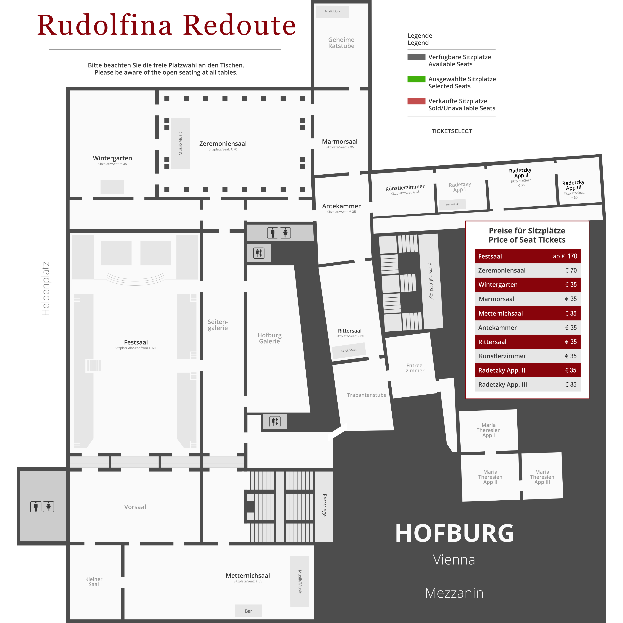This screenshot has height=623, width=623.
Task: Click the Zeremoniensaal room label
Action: pos(223,144)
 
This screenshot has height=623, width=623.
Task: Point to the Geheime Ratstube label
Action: pos(341,43)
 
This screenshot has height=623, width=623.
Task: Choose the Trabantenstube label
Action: pos(367,395)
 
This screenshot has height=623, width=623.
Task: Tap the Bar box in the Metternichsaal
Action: pos(248,611)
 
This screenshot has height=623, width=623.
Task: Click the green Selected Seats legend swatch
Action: pos(416,79)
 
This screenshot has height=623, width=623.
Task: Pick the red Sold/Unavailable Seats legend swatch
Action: pos(416,101)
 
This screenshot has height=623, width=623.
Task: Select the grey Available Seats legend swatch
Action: pos(416,57)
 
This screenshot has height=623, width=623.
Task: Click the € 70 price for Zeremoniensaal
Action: pos(571,270)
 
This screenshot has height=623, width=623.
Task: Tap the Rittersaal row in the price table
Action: pos(527,342)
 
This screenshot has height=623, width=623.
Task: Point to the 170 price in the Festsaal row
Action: pos(572,256)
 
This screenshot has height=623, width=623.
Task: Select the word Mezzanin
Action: pos(454,593)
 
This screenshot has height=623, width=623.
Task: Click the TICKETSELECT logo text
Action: pos(452,131)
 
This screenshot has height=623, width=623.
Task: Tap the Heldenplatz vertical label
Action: pos(45,289)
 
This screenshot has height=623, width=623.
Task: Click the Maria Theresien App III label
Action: pos(542,477)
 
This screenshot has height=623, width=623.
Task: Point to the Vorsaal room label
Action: pos(135,507)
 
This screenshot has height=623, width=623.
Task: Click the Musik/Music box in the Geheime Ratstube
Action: pos(333,12)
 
